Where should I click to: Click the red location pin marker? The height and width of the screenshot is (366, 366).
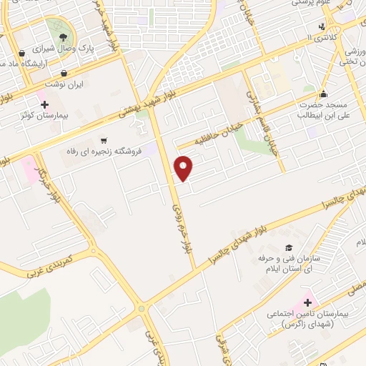[x=184, y=169]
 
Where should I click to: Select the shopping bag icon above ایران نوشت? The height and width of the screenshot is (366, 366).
[x=64, y=73]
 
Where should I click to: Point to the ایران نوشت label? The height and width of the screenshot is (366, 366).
[x=65, y=84]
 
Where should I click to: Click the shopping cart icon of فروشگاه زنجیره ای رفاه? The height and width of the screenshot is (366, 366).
[x=105, y=140]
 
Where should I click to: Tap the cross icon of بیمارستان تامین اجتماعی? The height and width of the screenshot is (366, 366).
[x=309, y=303]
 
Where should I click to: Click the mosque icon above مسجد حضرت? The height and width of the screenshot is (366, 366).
[x=323, y=93]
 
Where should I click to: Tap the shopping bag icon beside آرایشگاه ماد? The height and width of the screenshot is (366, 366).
[x=21, y=53]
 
